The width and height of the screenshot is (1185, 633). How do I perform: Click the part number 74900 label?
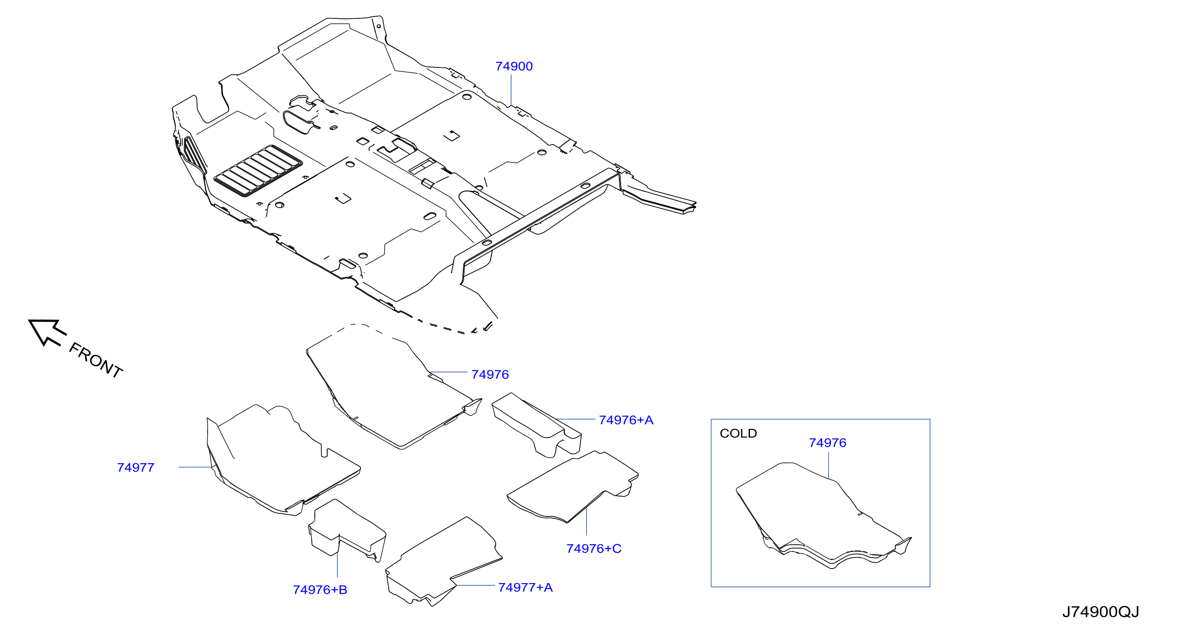[514, 66]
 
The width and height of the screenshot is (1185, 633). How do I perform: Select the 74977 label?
[136, 467]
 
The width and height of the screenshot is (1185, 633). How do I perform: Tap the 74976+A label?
[626, 420]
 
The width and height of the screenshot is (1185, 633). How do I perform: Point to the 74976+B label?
[320, 590]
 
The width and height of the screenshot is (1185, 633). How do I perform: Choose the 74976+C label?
[594, 549]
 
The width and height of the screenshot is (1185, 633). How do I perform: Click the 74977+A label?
[526, 587]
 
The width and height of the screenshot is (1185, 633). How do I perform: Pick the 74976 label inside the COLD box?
[828, 443]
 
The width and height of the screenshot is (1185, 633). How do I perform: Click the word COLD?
[738, 433]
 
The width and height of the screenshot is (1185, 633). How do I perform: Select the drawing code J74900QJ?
[1101, 612]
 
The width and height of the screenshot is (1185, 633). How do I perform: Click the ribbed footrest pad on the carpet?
[258, 171]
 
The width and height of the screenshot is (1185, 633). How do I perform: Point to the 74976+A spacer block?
[536, 424]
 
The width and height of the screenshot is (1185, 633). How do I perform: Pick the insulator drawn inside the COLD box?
[823, 515]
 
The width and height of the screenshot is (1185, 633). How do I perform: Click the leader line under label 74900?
[511, 90]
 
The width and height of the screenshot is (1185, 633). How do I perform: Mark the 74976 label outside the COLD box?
[490, 375]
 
